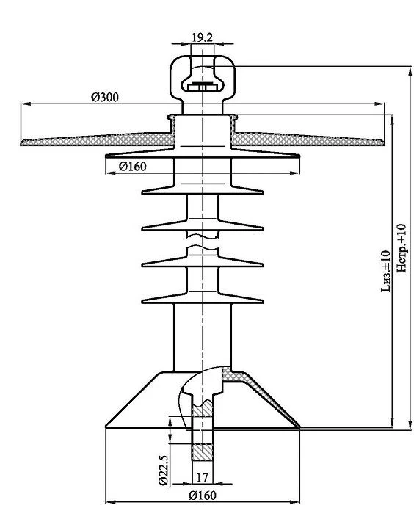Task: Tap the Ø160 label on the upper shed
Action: pyautogui.click(x=132, y=167)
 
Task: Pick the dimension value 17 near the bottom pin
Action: pyautogui.click(x=202, y=476)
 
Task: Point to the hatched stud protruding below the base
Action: pyautogui.click(x=202, y=440)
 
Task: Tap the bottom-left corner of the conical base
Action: pyautogui.click(x=107, y=426)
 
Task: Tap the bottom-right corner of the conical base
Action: pyautogui.click(x=298, y=426)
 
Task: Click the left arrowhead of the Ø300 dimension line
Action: pyautogui.click(x=24, y=105)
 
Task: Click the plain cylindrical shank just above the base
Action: pyautogui.click(x=202, y=338)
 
